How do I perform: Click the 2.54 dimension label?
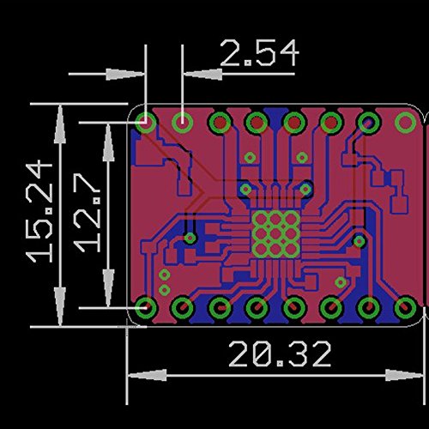(x=259, y=53)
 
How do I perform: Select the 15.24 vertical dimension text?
(x=39, y=212)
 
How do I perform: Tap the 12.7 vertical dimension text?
(x=87, y=213)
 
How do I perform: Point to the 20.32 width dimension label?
(x=280, y=353)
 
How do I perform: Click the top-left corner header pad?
(x=146, y=123)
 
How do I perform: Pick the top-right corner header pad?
(x=405, y=123)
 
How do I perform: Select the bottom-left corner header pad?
(x=146, y=308)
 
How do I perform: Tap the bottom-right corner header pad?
(x=405, y=308)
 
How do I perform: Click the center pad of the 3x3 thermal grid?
(x=275, y=234)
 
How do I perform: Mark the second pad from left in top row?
(x=183, y=123)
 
